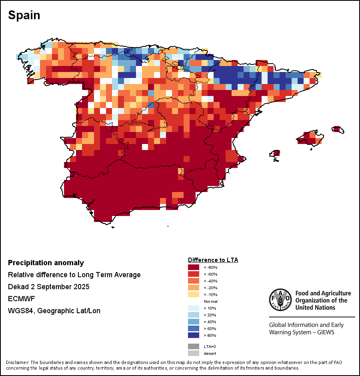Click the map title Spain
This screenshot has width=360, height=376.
24,15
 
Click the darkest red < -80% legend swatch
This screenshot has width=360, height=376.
194,267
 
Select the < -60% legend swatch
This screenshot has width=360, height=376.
194,274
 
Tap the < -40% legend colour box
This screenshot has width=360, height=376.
194,281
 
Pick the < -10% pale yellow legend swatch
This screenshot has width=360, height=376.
194,294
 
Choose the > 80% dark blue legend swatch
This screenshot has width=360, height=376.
194,335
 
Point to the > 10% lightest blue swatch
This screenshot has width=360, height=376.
194,308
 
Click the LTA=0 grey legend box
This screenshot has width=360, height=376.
194,346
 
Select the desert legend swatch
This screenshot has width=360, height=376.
194,353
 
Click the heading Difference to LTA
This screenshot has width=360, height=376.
213,260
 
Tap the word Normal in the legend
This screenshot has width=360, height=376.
210,301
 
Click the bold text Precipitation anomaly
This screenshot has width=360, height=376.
46,263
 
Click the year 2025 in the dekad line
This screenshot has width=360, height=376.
81,287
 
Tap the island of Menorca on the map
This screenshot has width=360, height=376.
337,129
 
